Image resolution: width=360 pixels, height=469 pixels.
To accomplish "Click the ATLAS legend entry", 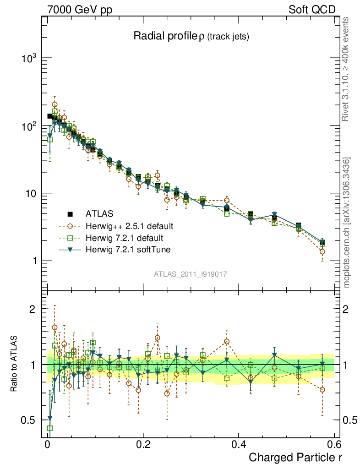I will pos(99,214).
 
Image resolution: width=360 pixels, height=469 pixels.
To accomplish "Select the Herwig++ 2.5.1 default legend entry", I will pos(129,226).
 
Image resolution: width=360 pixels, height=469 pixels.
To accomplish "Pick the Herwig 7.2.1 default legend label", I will pos(125,238).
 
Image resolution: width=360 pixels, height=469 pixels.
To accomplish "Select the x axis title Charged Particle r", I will pos(295,457).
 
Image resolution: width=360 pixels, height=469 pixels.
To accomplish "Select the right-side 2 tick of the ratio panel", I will pos(346,309).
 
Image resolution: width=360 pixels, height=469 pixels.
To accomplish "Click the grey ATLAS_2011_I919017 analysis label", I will pos(191,274).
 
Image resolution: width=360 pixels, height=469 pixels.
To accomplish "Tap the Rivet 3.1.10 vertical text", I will pos(346,69).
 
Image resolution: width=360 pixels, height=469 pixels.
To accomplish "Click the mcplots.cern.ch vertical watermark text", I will pos(347,223).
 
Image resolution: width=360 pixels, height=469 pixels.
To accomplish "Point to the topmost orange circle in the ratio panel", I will pos(55,327).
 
